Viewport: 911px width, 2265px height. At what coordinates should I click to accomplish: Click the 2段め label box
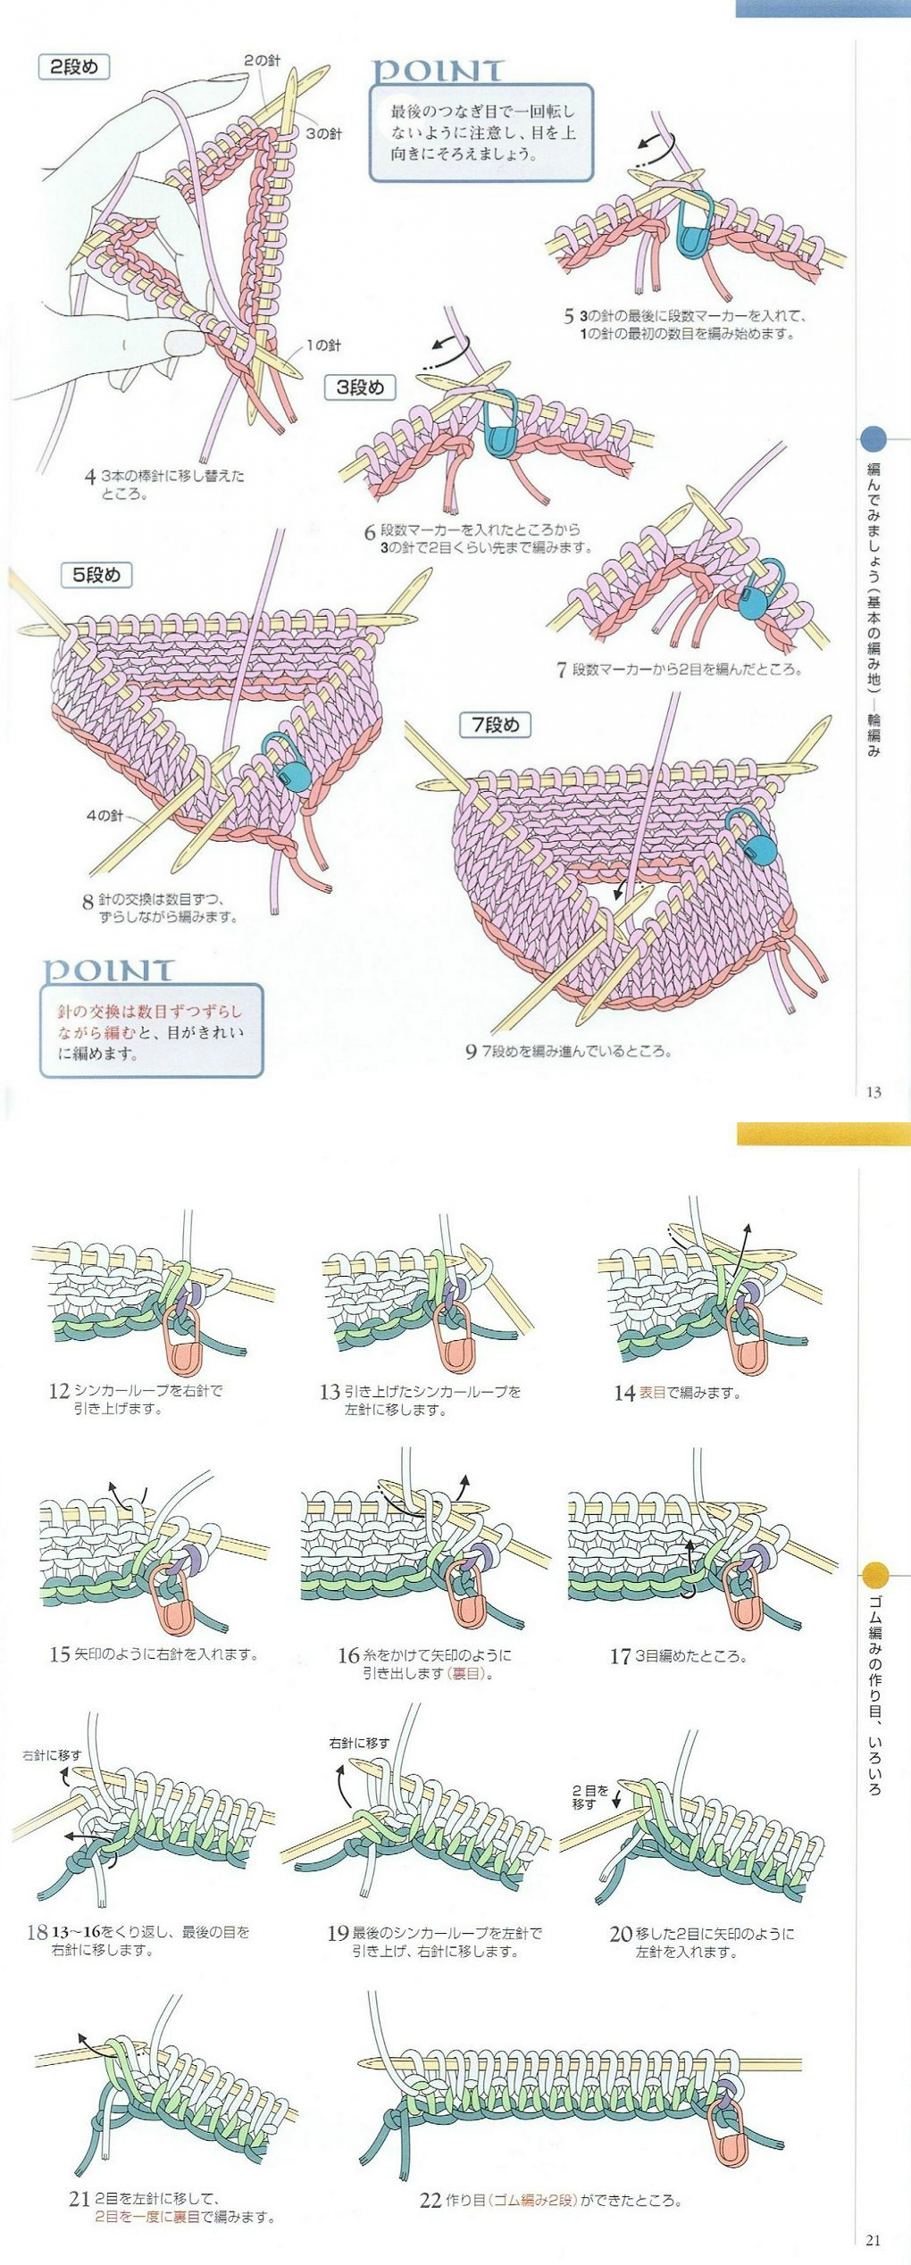point(74,67)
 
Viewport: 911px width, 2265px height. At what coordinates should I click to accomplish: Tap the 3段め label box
point(360,387)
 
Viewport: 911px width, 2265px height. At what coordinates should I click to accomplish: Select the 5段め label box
point(96,575)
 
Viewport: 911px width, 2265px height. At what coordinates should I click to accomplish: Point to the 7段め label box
point(495,725)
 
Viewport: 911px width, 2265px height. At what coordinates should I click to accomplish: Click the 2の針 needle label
point(262,61)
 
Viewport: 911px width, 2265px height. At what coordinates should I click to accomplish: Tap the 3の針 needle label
point(323,134)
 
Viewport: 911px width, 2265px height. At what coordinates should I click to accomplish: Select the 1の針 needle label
point(322,346)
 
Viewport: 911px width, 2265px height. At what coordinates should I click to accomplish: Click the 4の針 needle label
point(104,815)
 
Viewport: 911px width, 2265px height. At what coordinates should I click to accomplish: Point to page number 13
point(873,1092)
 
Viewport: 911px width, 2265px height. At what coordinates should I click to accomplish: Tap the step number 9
point(471,1052)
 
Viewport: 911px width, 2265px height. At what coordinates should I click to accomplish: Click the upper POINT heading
point(437,71)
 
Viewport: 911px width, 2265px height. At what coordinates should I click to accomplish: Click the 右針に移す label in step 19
point(359,1743)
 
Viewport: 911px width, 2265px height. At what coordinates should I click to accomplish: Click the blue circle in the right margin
point(873,438)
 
